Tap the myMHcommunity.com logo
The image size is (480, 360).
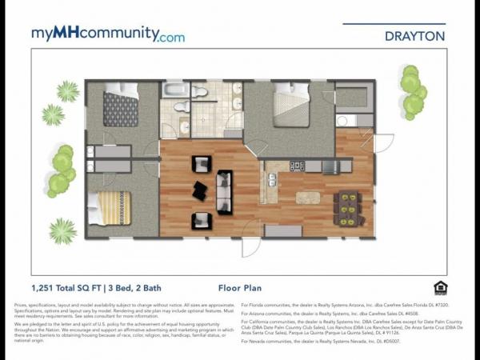[x=107, y=34]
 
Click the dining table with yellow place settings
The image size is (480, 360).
[x=349, y=208]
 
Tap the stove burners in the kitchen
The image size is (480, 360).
[x=297, y=166]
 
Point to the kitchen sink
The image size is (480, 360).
[x=272, y=178]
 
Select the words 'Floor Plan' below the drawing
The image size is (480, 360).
[x=238, y=287]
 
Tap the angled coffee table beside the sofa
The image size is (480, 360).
[x=199, y=191]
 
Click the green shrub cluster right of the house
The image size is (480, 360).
[x=412, y=92]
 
